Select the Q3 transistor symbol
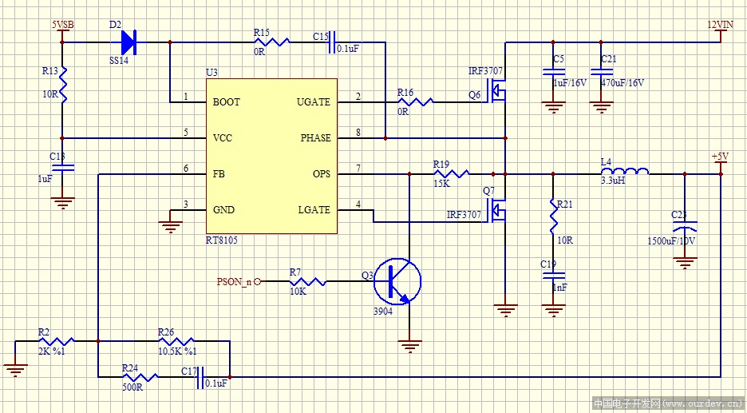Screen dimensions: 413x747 click(x=400, y=280)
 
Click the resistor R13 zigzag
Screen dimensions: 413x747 click(x=64, y=85)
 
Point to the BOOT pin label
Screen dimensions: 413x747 click(x=226, y=102)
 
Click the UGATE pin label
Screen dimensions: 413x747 click(x=313, y=102)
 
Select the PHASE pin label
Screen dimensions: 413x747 click(x=315, y=138)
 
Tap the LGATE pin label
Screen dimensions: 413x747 click(x=314, y=210)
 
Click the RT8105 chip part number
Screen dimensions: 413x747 click(x=221, y=240)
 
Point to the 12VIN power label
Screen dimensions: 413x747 click(x=720, y=25)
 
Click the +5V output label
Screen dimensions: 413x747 click(x=720, y=156)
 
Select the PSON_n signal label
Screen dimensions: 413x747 click(x=234, y=281)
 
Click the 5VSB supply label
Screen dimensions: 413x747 click(x=63, y=25)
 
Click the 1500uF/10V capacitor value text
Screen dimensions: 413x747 click(x=671, y=240)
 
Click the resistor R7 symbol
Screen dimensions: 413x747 click(x=306, y=281)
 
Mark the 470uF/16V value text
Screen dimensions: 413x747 click(x=622, y=82)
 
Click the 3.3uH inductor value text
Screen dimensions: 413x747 click(x=611, y=181)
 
